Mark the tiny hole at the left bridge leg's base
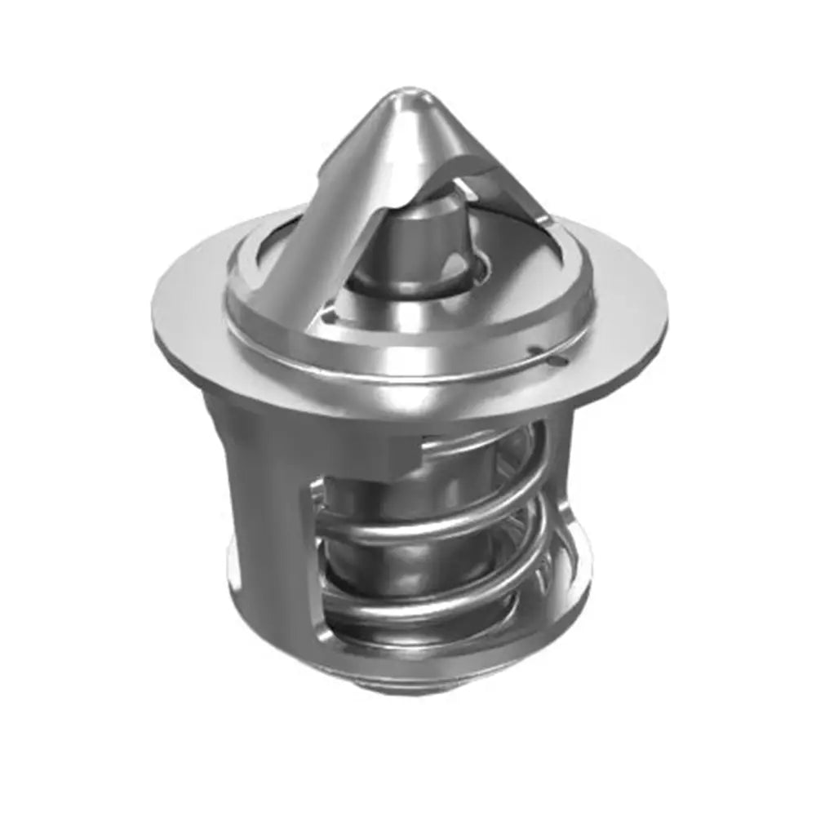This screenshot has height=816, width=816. pyautogui.click(x=327, y=312)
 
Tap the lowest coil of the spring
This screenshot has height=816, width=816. pyautogui.click(x=424, y=608)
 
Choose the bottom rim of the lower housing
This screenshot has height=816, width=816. pyautogui.click(x=424, y=669)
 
